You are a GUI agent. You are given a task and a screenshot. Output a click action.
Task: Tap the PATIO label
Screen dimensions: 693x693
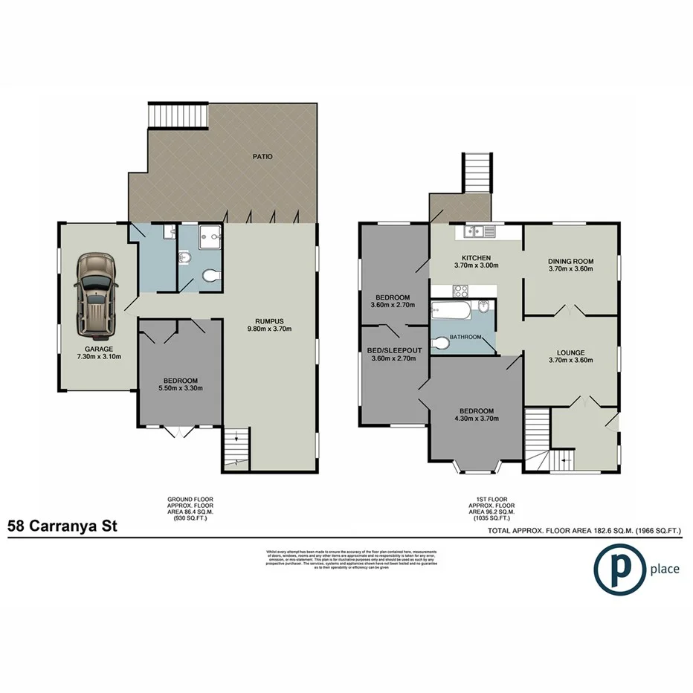(262, 157)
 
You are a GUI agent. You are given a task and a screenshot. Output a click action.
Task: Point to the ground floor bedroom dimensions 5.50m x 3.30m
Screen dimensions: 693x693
(180, 387)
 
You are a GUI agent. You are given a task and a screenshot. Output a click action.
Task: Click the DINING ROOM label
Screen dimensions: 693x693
(570, 261)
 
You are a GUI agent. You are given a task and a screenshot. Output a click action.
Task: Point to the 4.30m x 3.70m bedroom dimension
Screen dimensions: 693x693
(476, 419)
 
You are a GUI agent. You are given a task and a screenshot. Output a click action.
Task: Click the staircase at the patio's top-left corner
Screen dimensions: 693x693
(162, 116)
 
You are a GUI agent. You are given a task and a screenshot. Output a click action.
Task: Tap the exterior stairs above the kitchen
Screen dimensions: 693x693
(478, 173)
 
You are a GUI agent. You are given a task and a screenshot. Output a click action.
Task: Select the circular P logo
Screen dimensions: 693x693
(619, 570)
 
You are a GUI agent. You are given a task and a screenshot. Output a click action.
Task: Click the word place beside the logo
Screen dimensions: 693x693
(664, 570)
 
